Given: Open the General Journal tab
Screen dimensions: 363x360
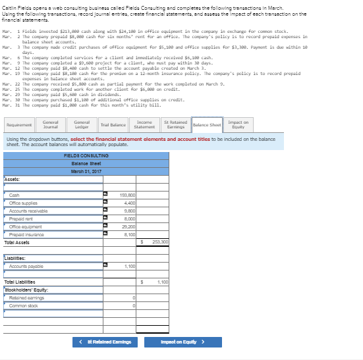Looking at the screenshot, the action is tap(50, 124).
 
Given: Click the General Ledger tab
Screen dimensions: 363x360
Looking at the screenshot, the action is tap(82, 124).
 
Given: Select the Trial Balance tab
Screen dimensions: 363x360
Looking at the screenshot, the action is tap(113, 124).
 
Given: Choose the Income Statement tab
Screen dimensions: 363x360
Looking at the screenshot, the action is tap(144, 124).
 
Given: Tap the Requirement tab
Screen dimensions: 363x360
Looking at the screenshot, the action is tap(19, 124).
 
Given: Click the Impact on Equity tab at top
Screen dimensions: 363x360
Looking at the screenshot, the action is tap(238, 124).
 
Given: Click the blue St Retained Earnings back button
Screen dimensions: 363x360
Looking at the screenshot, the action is tap(105, 342).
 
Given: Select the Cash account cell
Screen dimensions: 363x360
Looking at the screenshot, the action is tap(53, 195).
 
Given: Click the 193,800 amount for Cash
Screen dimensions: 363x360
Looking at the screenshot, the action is tap(128, 195).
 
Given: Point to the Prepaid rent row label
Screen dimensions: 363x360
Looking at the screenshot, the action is tap(53, 219).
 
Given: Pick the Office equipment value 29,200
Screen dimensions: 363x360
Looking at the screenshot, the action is tap(128, 226).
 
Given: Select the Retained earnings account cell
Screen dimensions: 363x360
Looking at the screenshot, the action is tap(53, 297).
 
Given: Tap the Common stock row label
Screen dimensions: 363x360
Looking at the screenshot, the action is tap(53, 305).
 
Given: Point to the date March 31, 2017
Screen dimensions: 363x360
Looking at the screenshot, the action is tap(86, 171).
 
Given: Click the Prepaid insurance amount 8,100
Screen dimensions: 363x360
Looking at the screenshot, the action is tap(128, 234).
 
